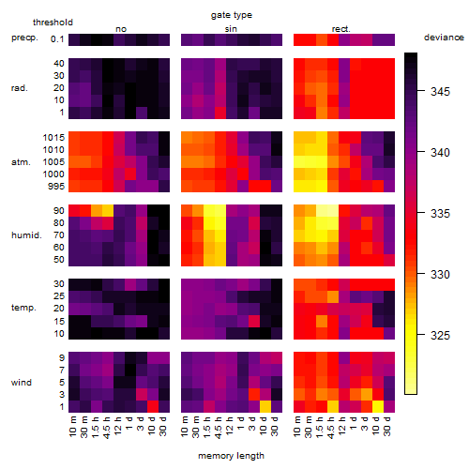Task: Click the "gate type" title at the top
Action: click(232, 15)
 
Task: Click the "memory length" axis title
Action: click(231, 456)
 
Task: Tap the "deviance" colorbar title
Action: click(444, 38)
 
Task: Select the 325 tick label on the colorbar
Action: click(440, 336)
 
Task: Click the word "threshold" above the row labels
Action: click(53, 23)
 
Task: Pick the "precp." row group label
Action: click(24, 38)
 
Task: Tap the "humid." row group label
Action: click(26, 234)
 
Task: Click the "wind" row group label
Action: click(22, 383)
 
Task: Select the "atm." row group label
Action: click(21, 162)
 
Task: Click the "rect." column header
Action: click(340, 29)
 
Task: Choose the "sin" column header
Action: click(231, 29)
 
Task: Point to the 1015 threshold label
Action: click(53, 138)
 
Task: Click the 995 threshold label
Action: click(56, 187)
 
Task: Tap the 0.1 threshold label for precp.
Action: click(57, 39)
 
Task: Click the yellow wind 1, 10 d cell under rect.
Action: click(378, 406)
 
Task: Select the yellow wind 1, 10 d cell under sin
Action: click(265, 406)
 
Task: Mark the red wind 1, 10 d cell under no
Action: click(153, 406)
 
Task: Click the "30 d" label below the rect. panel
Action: click(387, 426)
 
